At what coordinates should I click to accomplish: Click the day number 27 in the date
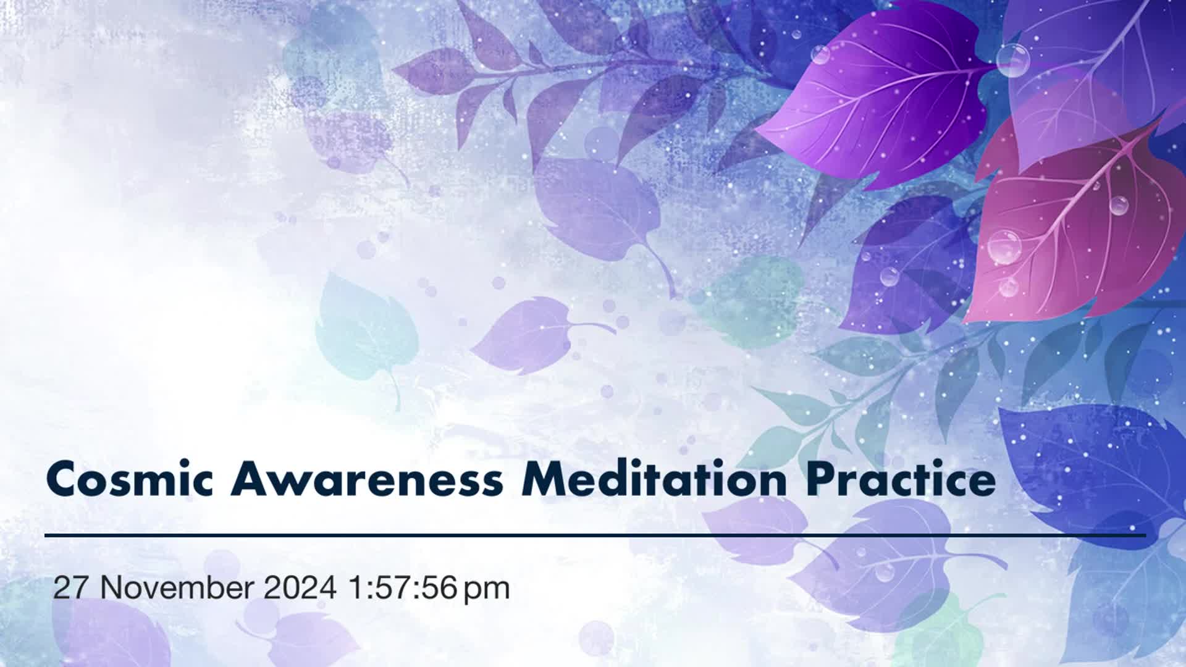72,587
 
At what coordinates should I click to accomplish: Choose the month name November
177,587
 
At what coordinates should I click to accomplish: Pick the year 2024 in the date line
300,587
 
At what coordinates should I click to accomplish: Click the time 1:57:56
403,587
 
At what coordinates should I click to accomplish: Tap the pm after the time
487,590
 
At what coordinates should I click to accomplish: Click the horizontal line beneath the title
595,535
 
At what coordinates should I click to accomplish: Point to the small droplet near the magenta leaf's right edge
1119,205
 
